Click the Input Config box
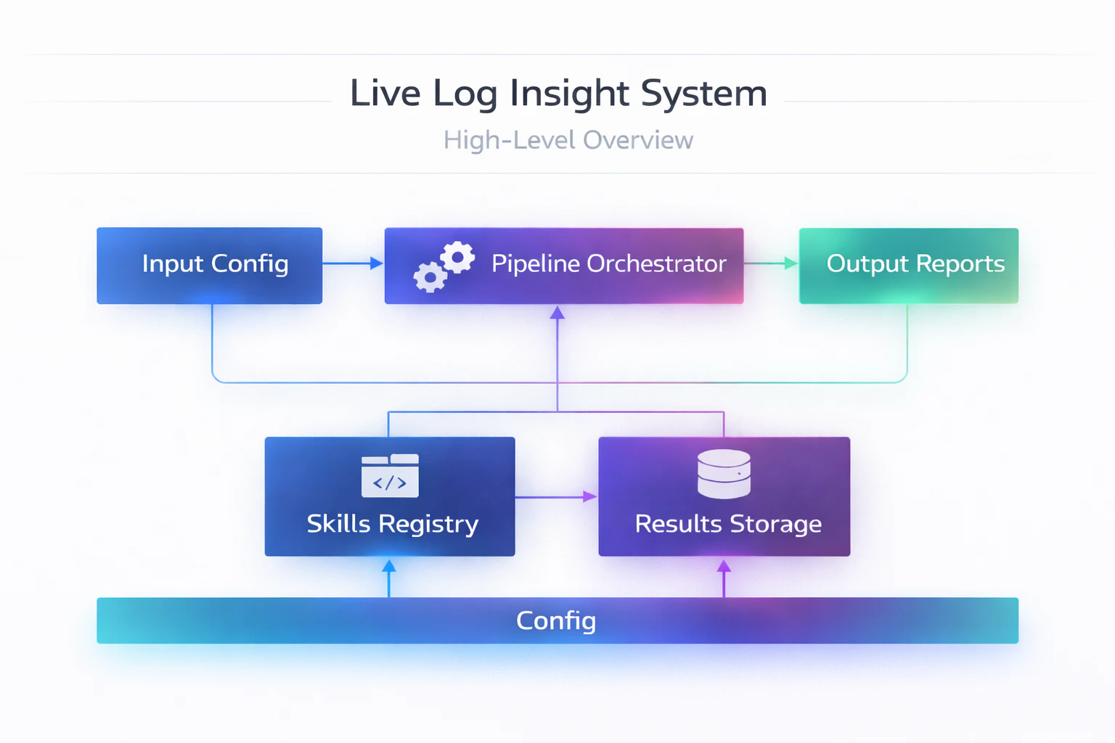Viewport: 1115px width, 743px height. coord(209,265)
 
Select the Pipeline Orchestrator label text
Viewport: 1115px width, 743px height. coord(608,263)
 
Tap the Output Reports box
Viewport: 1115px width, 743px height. coord(908,265)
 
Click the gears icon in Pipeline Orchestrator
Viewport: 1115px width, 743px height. coord(444,266)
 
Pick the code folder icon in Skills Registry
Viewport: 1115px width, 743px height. coord(390,475)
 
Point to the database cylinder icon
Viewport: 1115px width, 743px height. coord(724,474)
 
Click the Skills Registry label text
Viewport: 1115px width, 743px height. coord(392,524)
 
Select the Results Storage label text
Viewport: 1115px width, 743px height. coord(728,524)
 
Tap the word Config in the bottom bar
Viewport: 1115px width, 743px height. coord(556,620)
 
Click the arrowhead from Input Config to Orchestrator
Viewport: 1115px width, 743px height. coord(376,263)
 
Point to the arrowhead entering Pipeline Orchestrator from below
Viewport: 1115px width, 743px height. coord(557,313)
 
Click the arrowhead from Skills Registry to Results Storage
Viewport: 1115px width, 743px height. coord(589,497)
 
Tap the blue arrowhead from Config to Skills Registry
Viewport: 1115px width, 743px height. coord(389,566)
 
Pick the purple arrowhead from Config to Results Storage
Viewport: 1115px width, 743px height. coord(724,566)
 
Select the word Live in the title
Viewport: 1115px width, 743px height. coord(385,94)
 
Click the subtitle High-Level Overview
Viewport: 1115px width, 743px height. coord(568,140)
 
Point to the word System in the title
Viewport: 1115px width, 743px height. coord(703,94)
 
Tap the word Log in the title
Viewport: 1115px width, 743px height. coord(465,94)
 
